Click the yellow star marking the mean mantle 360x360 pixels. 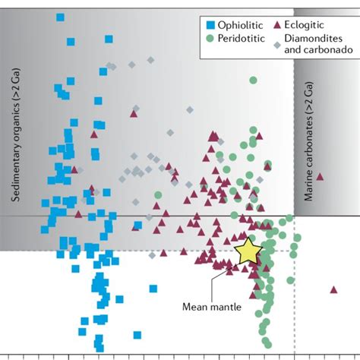click(248, 251)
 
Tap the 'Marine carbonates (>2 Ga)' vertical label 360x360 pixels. click(309, 147)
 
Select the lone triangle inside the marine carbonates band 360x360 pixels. click(320, 176)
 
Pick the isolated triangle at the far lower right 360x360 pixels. click(333, 289)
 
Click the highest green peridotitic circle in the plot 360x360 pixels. click(253, 80)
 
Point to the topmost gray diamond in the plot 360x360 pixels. click(150, 59)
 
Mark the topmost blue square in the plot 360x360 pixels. click(60, 17)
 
